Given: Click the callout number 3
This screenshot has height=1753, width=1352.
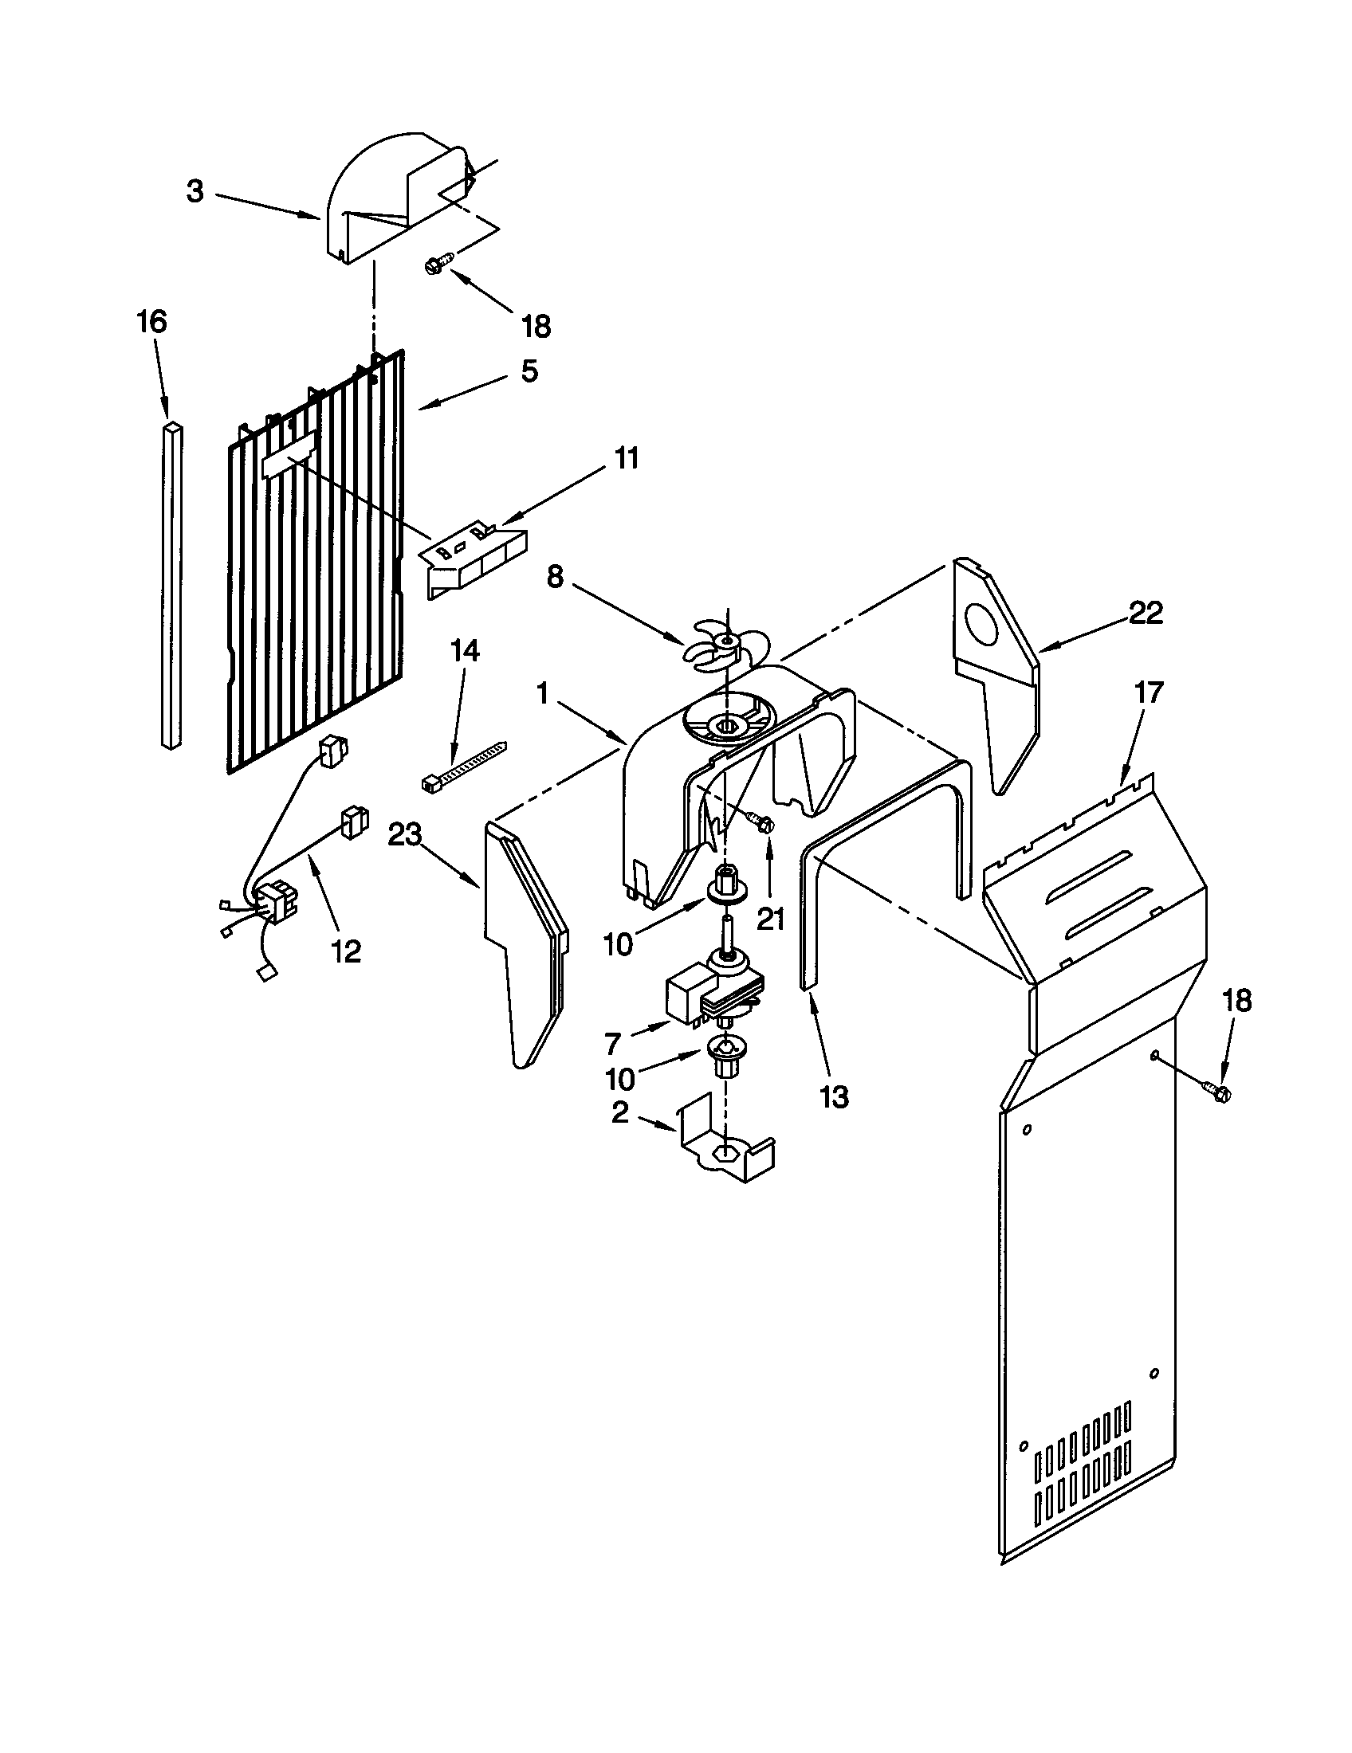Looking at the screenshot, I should (195, 192).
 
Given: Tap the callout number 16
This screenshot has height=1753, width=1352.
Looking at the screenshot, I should (151, 322).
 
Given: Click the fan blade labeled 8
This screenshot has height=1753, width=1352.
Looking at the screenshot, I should (723, 641).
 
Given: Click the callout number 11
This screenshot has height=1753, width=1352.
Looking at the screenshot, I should (627, 459).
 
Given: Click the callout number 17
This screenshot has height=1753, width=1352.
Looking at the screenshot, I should (1149, 692).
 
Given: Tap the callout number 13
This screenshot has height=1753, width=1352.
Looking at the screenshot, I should (834, 1096).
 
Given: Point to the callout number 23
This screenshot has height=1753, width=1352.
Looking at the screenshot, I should (405, 836).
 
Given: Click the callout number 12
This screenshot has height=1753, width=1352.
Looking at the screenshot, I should (346, 952).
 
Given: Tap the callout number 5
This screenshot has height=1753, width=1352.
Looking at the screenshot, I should (529, 371).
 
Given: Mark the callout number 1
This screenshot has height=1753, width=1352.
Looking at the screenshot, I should (543, 692).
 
